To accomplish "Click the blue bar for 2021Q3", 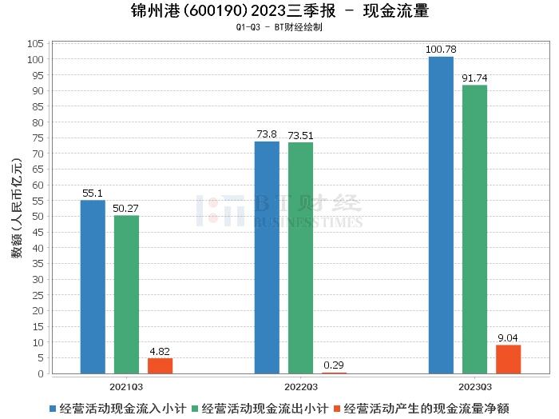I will [93, 286].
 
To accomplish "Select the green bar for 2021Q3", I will [126, 294].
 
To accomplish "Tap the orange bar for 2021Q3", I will [160, 365].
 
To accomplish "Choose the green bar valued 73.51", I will [300, 257].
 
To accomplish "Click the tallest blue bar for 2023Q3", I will [441, 215].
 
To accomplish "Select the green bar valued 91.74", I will [474, 229].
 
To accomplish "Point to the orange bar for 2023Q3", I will [508, 359].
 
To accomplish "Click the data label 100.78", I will [441, 50].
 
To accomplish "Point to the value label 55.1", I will [93, 194].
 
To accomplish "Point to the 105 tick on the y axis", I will [34, 44].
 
